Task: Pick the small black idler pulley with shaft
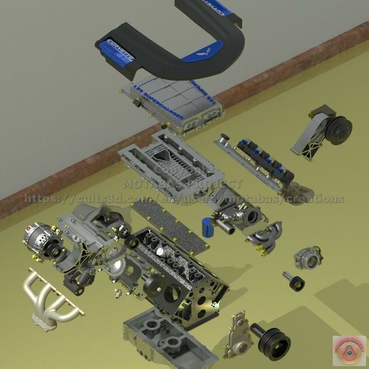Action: [x=292, y=282]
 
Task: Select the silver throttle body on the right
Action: [x=308, y=258]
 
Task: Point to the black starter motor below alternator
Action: [x=75, y=275]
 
